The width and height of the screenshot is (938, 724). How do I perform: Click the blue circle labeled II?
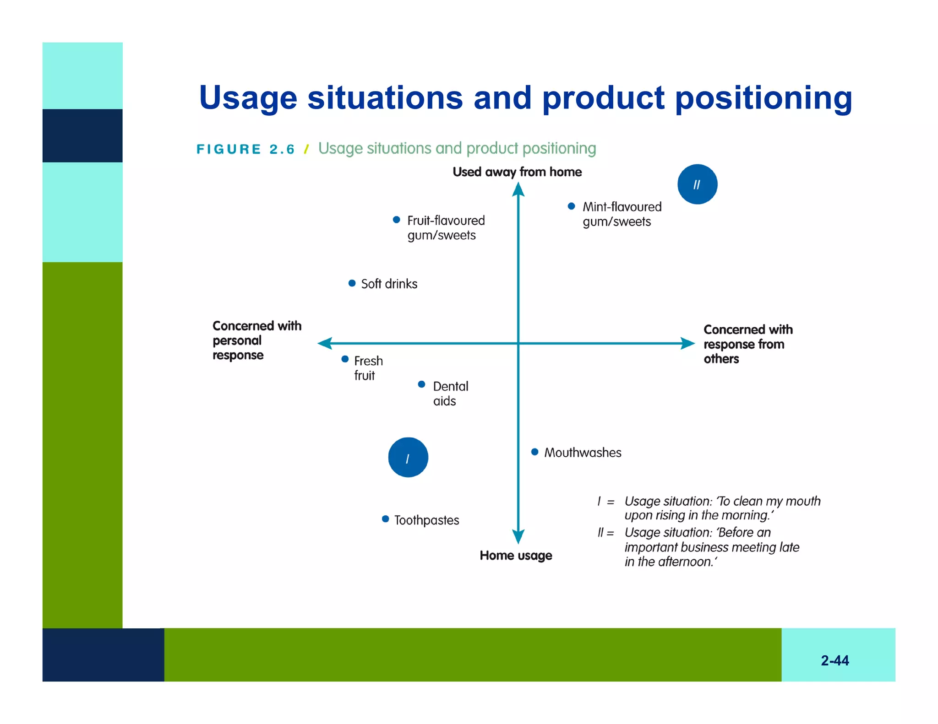(x=697, y=184)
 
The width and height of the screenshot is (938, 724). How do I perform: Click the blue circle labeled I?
(x=408, y=457)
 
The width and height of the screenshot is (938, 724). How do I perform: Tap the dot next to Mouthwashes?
(x=534, y=452)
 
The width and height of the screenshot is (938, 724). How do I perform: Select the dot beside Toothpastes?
(x=385, y=519)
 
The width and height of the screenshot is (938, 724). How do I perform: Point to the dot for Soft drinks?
(x=352, y=283)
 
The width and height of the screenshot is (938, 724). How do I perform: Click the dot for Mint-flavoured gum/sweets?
(x=571, y=206)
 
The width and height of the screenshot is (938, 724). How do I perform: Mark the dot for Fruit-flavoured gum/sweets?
(x=397, y=220)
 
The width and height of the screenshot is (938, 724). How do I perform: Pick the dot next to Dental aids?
(x=421, y=384)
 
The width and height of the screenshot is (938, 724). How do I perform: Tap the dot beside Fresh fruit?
(x=345, y=359)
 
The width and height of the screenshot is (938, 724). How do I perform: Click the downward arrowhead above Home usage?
(x=518, y=536)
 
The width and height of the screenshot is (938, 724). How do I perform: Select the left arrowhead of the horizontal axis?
(x=325, y=343)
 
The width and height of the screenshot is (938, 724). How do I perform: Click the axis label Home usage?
(x=516, y=556)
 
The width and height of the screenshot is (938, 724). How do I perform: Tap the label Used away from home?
(x=517, y=172)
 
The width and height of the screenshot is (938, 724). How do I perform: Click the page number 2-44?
(x=834, y=660)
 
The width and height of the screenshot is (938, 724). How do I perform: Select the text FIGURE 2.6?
(x=245, y=149)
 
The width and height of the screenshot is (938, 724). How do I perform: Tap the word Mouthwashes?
(x=583, y=453)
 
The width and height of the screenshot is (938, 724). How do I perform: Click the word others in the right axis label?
(x=721, y=359)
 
